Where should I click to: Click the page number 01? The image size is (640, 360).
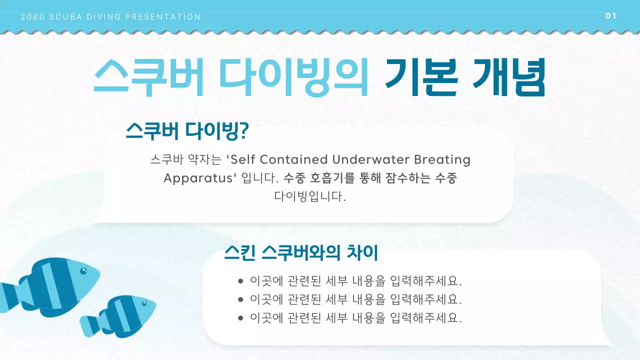click(x=610, y=16)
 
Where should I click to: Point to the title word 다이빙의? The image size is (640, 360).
click(x=294, y=78)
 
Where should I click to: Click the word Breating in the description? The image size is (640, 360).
click(x=442, y=159)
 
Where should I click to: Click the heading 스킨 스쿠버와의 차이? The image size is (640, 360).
click(x=301, y=253)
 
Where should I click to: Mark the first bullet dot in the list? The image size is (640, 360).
click(x=240, y=281)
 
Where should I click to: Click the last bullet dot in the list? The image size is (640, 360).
click(x=240, y=318)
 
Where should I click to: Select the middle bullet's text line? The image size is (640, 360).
click(x=356, y=299)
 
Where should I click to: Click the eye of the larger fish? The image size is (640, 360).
click(x=83, y=271)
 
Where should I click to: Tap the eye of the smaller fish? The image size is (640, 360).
click(x=144, y=303)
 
